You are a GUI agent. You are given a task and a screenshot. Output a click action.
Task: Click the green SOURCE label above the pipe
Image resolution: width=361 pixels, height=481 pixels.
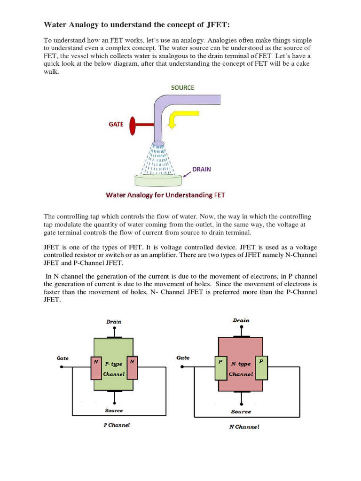[182, 87]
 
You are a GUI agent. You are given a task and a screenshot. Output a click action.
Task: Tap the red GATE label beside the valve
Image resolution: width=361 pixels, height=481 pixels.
[116, 124]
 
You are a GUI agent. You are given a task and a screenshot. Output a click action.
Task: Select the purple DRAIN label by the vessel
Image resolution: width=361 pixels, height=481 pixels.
[201, 169]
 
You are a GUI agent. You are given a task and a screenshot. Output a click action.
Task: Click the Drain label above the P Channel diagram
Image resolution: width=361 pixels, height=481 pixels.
[114, 322]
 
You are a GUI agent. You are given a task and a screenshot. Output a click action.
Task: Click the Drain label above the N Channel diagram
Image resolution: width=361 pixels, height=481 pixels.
[241, 320]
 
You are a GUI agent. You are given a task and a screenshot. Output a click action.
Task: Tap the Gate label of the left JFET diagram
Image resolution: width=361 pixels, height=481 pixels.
[63, 358]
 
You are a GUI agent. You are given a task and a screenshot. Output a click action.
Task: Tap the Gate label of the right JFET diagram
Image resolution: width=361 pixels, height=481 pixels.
[183, 358]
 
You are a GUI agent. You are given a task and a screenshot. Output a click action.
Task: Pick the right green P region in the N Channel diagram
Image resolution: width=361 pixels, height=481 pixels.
[261, 367]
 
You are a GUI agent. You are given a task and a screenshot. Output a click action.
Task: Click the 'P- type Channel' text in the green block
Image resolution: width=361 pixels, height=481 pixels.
[114, 369]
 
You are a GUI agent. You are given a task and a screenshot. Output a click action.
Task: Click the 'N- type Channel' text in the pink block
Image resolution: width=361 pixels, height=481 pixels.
[241, 369]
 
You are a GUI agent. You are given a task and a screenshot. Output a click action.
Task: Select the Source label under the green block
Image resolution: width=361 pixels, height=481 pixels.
[114, 410]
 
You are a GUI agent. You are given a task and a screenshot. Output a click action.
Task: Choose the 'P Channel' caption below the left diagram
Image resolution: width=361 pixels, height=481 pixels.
[116, 425]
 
